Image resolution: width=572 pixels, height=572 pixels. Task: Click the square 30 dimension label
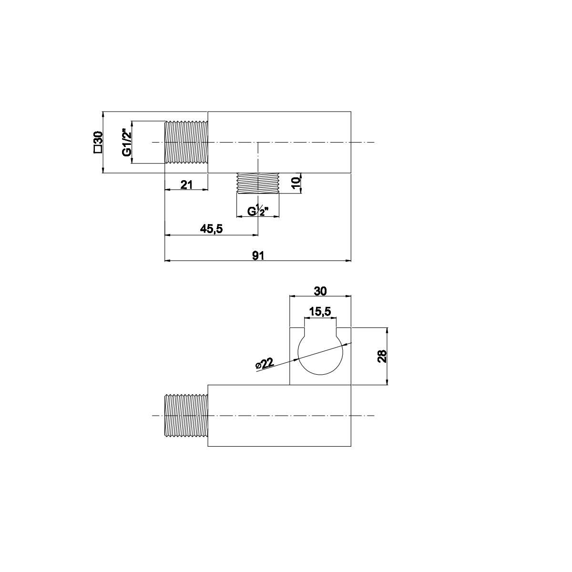98,142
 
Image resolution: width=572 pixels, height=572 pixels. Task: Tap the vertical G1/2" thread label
126,142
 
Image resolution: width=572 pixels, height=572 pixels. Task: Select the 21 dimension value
186,184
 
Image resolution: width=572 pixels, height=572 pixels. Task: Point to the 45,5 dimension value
211,229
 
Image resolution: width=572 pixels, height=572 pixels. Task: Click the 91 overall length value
258,255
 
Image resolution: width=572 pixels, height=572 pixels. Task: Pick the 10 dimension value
296,183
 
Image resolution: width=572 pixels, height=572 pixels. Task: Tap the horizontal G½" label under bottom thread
258,211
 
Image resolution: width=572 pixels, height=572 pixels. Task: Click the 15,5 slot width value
320,312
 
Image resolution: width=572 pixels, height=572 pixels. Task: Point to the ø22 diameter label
264,363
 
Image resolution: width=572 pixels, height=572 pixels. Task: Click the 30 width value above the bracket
320,291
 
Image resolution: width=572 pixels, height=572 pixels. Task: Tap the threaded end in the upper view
186,142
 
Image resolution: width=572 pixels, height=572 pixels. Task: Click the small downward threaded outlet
258,183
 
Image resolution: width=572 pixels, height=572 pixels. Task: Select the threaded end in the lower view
186,416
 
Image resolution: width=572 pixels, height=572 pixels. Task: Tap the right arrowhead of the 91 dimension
348,261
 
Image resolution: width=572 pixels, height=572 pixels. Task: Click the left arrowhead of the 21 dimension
167,189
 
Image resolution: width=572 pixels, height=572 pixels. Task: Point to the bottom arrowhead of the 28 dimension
387,382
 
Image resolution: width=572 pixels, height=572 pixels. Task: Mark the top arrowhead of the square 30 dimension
102,114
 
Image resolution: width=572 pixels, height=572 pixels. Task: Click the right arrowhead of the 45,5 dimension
255,235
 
